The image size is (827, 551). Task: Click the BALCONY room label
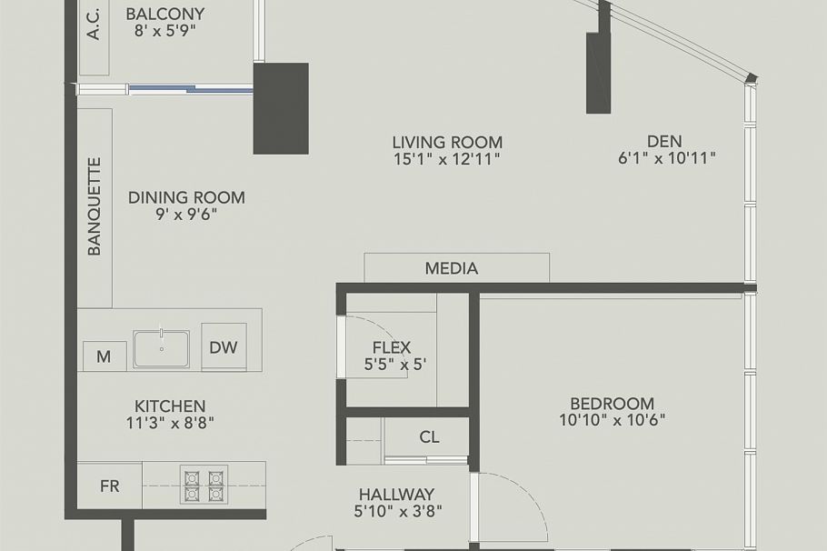164,14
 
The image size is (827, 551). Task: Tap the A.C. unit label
94,25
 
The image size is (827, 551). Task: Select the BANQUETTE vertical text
95,206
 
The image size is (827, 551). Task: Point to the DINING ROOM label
186,197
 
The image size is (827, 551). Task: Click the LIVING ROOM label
447,142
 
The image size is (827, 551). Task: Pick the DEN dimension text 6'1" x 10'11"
666,158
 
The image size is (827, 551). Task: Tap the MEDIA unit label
452,268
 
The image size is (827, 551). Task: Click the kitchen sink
162,349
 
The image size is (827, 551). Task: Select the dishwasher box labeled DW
224,346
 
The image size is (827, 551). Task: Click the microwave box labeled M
104,356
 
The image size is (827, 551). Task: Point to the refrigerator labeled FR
109,486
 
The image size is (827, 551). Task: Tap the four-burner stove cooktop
204,486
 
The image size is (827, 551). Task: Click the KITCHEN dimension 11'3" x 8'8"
171,422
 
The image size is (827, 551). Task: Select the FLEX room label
392,347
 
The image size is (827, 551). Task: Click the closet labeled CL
429,437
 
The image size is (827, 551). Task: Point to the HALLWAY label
396,494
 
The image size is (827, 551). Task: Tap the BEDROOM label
612,404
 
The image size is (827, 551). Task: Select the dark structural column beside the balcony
280,107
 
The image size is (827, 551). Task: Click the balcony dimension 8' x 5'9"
164,30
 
